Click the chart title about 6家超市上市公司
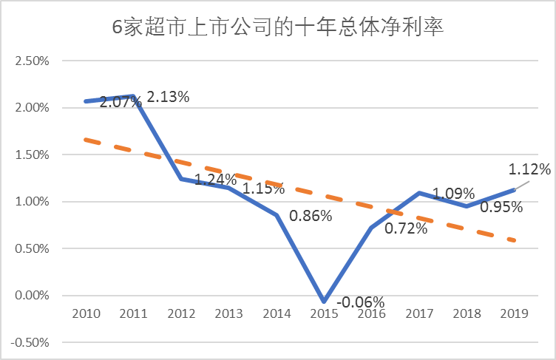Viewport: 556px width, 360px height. tap(277, 28)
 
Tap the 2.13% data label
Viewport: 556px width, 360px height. tap(169, 97)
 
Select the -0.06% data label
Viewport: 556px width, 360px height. tap(360, 302)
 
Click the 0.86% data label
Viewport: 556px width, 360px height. tap(311, 217)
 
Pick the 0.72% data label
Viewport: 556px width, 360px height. tap(406, 228)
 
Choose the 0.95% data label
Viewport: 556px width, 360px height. tap(501, 207)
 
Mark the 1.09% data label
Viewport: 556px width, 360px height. tap(453, 194)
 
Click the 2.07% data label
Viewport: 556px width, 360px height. tap(121, 102)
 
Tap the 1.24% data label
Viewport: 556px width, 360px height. tap(215, 180)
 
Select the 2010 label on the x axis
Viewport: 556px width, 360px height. tap(87, 313)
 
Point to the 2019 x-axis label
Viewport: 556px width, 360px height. tap(515, 313)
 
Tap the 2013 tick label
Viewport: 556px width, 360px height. tap(229, 313)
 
